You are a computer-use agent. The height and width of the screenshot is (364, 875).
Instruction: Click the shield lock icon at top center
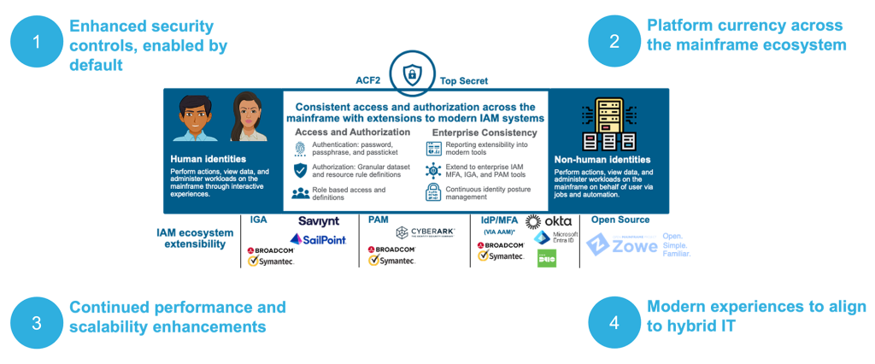(414, 74)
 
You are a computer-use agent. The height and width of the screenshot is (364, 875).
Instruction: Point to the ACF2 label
(367, 81)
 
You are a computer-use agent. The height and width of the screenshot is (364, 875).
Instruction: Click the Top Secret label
(464, 81)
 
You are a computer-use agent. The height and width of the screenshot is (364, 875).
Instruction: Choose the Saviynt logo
(319, 221)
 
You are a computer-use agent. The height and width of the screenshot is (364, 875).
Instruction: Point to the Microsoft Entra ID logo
(555, 238)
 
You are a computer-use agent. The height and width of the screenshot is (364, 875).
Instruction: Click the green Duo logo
(547, 258)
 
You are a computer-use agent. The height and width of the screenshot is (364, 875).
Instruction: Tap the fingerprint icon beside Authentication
(300, 149)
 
